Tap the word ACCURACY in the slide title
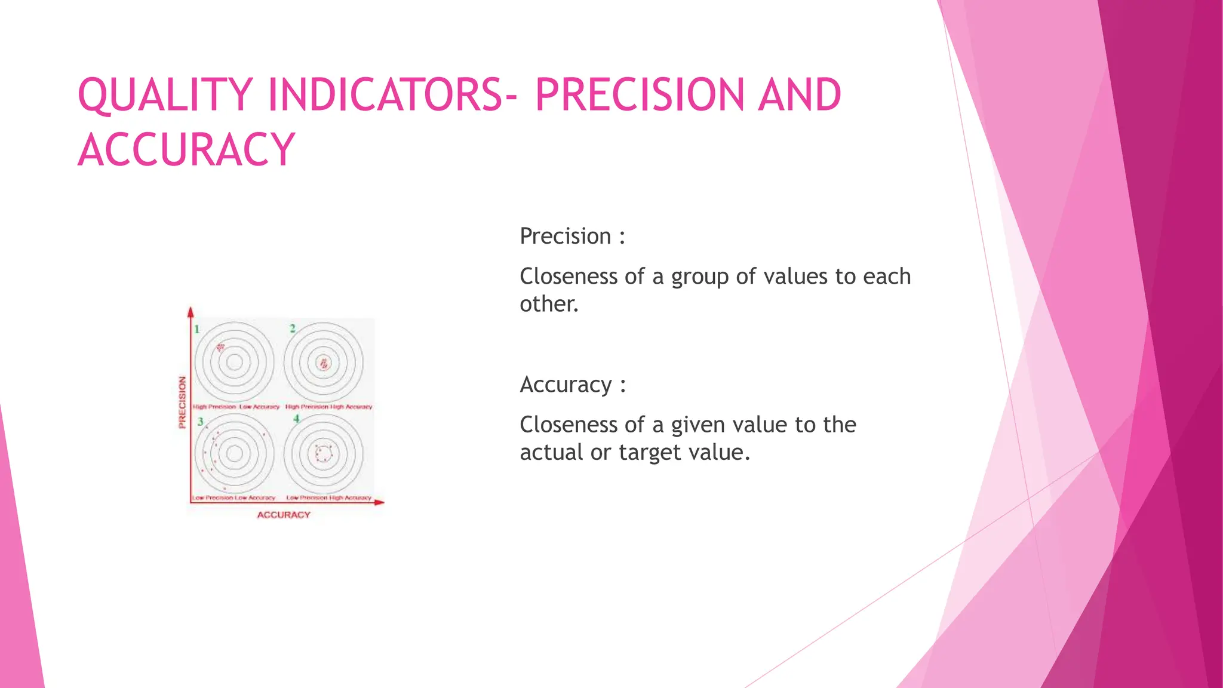tap(186, 149)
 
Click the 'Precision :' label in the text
tap(572, 236)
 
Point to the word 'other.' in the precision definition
tap(549, 305)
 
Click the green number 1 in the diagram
tap(197, 328)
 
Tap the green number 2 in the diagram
tap(293, 328)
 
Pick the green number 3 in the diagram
tap(201, 422)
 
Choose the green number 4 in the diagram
tap(296, 419)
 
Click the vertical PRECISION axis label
tap(182, 402)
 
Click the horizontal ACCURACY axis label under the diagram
tap(284, 515)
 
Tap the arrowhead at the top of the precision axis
tap(191, 312)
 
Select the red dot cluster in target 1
tap(221, 347)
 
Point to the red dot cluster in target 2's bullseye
tap(324, 363)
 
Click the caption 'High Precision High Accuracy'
tap(328, 407)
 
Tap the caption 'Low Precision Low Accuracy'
tap(233, 497)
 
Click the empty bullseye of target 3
tap(235, 453)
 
